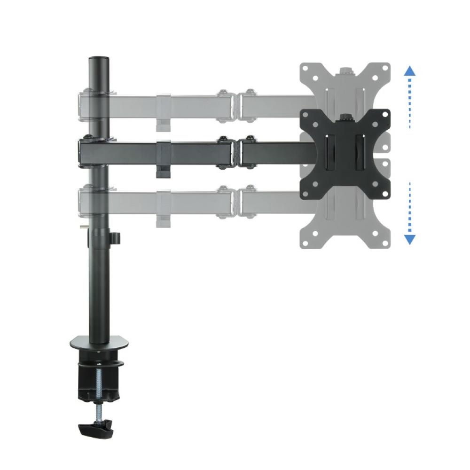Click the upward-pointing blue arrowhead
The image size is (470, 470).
[410, 71]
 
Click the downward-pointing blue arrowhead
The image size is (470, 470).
[410, 239]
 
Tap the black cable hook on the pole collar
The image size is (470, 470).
[115, 239]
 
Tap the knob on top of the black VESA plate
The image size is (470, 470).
[346, 117]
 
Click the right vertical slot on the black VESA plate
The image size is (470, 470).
[360, 153]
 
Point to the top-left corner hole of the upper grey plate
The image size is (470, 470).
[308, 68]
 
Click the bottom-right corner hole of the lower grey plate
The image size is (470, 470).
[384, 242]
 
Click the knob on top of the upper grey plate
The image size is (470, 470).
[346, 70]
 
